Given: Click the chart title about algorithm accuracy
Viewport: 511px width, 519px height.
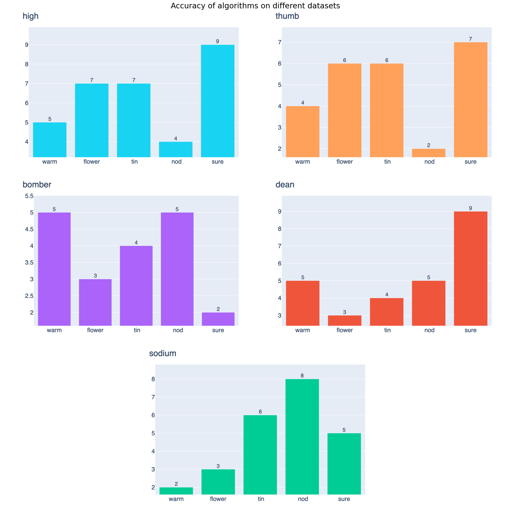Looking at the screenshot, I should [255, 6].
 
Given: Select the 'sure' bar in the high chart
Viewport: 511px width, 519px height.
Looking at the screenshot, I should [218, 101].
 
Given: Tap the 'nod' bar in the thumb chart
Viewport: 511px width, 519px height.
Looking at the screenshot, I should [429, 153].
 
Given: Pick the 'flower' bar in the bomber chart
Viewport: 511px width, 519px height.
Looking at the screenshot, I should [95, 302].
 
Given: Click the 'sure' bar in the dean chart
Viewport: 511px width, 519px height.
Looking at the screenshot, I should [471, 268].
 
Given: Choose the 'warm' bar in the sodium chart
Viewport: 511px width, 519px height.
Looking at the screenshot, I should [176, 491].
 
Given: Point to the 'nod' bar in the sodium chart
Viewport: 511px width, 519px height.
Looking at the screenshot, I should [302, 437].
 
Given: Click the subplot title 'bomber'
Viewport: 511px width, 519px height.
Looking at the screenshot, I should [37, 185].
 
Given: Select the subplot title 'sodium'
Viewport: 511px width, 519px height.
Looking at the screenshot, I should [163, 353].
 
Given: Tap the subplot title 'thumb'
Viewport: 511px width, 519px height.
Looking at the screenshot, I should [287, 16].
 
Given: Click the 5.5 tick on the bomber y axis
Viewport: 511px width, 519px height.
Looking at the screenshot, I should [29, 196].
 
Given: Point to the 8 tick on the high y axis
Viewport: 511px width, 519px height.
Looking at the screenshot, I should [27, 64].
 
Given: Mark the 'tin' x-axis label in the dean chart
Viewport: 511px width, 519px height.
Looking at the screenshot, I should [387, 330].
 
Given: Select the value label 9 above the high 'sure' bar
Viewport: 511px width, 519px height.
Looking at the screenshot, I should [218, 41].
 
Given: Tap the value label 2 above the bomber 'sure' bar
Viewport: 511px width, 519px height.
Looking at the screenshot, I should [218, 309].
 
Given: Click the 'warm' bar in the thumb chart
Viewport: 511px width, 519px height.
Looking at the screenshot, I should [303, 132].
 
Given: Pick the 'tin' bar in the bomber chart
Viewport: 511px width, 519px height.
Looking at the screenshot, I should [136, 286].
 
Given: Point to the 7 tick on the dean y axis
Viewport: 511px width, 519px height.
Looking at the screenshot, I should [280, 246].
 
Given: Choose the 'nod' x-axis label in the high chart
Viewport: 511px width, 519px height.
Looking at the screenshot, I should [176, 162].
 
